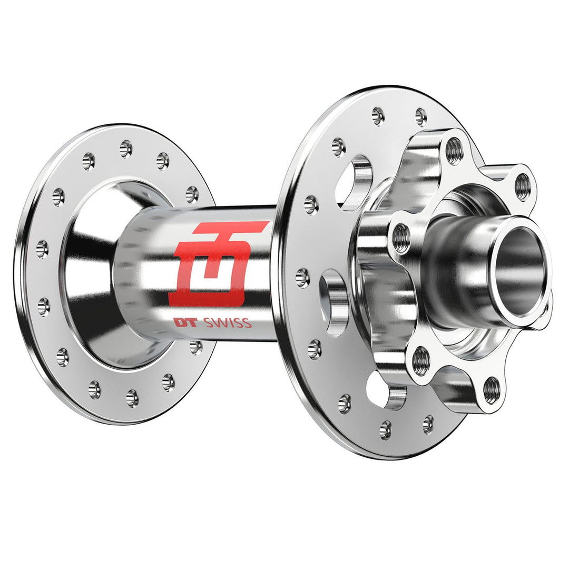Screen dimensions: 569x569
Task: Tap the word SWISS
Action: click(228, 323)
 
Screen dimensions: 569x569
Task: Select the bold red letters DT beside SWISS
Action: click(185, 323)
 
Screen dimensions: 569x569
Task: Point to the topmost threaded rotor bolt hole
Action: click(454, 151)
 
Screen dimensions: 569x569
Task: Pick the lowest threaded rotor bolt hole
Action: click(491, 389)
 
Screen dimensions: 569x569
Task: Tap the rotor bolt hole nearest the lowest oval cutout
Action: click(420, 361)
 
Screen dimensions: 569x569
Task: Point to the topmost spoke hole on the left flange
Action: click(125, 149)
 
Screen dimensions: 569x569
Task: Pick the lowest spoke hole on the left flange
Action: click(132, 398)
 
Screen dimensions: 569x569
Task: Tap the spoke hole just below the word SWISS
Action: click(195, 347)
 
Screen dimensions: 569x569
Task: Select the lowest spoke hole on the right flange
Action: click(386, 430)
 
